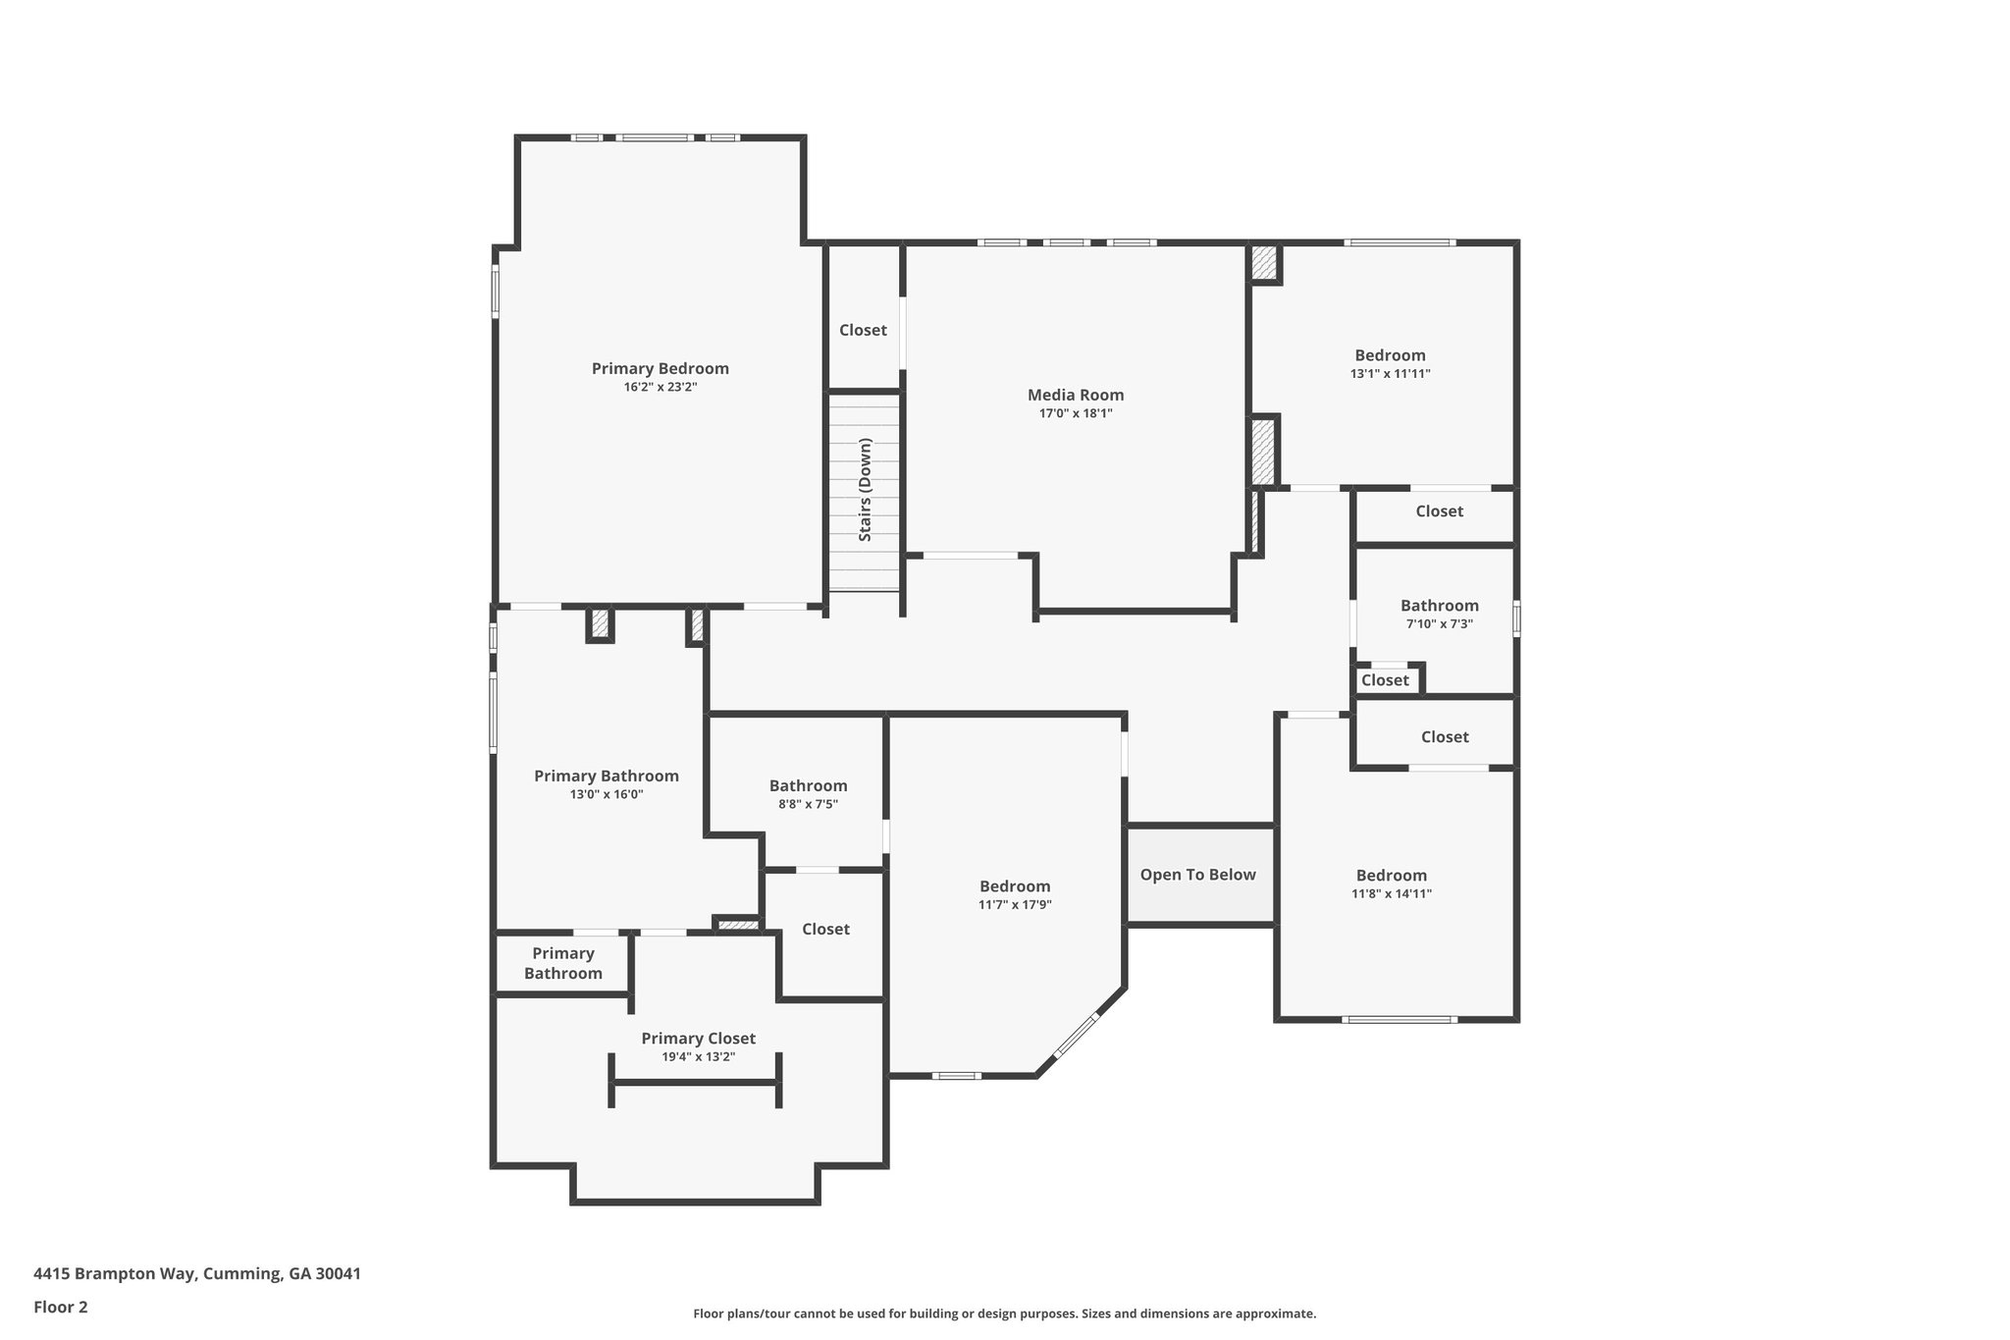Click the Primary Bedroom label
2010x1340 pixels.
[x=660, y=369]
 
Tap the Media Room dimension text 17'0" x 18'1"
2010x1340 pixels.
[x=1076, y=413]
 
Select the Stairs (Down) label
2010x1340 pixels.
[x=865, y=490]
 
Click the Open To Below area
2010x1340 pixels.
[x=1197, y=875]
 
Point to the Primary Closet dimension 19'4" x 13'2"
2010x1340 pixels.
[x=698, y=1057]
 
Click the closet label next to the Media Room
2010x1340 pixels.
[x=863, y=331]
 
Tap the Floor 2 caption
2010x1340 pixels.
[x=61, y=1307]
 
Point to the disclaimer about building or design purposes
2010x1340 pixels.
[x=1004, y=1313]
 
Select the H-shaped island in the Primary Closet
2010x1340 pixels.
[x=695, y=1082]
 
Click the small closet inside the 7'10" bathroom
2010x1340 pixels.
[x=1385, y=680]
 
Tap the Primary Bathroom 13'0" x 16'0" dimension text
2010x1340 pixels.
[x=606, y=795]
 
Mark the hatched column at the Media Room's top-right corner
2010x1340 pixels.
[x=1264, y=262]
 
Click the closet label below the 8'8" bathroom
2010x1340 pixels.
[x=825, y=930]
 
